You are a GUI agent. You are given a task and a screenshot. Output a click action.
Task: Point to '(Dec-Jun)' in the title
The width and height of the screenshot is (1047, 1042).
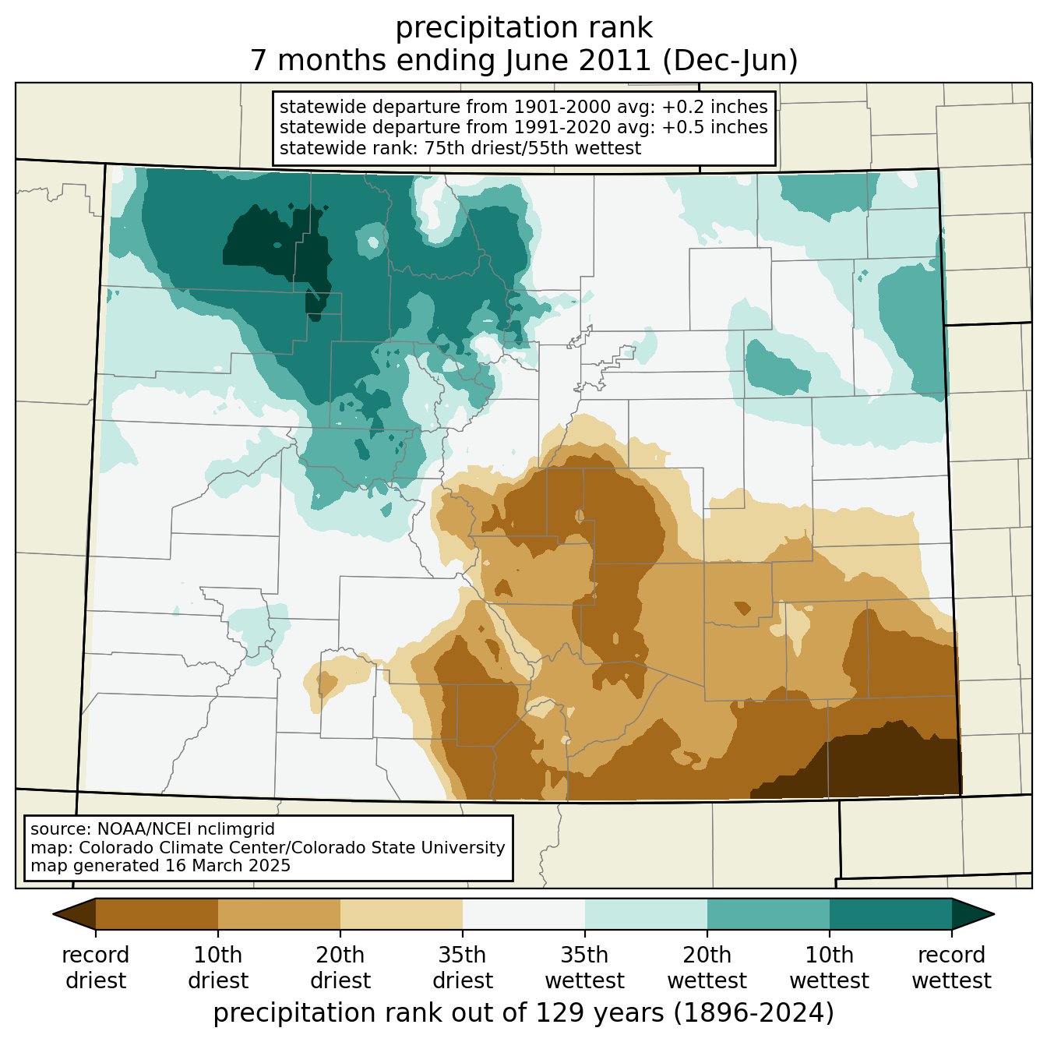(x=730, y=61)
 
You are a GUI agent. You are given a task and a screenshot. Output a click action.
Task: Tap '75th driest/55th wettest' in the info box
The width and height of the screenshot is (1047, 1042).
(x=533, y=148)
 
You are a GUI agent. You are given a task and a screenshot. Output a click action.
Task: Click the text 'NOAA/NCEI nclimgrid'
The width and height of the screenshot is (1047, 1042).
(x=186, y=828)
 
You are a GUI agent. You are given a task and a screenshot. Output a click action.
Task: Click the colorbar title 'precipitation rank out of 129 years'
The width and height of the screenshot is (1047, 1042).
(x=439, y=1012)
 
